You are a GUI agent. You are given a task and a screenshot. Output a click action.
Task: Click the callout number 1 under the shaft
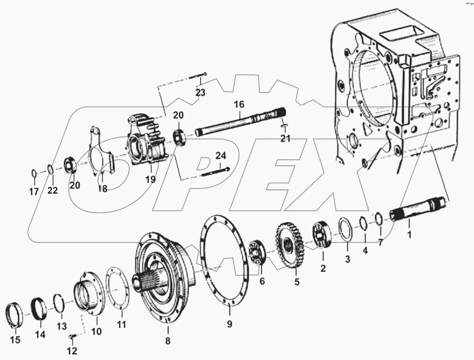(409, 234)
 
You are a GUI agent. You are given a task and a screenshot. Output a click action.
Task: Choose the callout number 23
(201, 93)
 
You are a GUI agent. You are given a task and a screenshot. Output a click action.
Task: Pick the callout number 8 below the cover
(168, 341)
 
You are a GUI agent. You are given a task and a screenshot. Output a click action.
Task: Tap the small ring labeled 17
(34, 173)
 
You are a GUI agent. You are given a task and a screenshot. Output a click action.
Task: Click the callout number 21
(285, 138)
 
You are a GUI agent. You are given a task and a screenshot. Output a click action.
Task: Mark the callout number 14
(40, 335)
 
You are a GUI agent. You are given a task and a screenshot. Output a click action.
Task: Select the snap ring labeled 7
(378, 219)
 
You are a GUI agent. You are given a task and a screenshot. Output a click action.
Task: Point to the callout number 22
(52, 191)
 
